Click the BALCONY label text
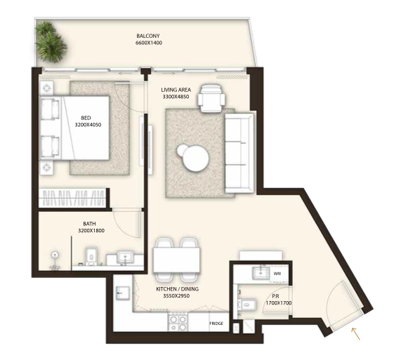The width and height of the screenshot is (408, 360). (x=148, y=36)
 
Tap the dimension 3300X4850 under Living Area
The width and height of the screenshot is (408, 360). (x=176, y=97)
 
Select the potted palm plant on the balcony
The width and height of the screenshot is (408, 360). (x=51, y=42)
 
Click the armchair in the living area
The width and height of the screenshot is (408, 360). (x=211, y=98)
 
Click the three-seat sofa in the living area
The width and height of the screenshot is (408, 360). (x=239, y=152)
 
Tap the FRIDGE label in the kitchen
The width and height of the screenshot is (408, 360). (x=216, y=324)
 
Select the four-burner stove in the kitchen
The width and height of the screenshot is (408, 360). (x=178, y=321)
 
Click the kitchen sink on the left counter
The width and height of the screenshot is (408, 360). (x=123, y=293)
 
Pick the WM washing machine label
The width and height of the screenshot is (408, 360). (x=277, y=274)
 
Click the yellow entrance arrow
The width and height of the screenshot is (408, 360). (x=356, y=334)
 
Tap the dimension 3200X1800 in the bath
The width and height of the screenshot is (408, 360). (x=91, y=230)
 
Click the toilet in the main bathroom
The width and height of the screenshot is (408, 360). (x=91, y=256)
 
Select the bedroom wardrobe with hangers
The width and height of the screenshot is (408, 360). (x=72, y=198)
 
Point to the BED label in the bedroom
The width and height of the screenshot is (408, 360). (x=86, y=118)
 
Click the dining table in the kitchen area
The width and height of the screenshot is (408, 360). (x=176, y=260)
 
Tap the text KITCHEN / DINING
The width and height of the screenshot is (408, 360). (x=177, y=289)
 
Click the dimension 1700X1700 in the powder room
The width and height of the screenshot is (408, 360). (x=278, y=303)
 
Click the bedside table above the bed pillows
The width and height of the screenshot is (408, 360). (x=46, y=88)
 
